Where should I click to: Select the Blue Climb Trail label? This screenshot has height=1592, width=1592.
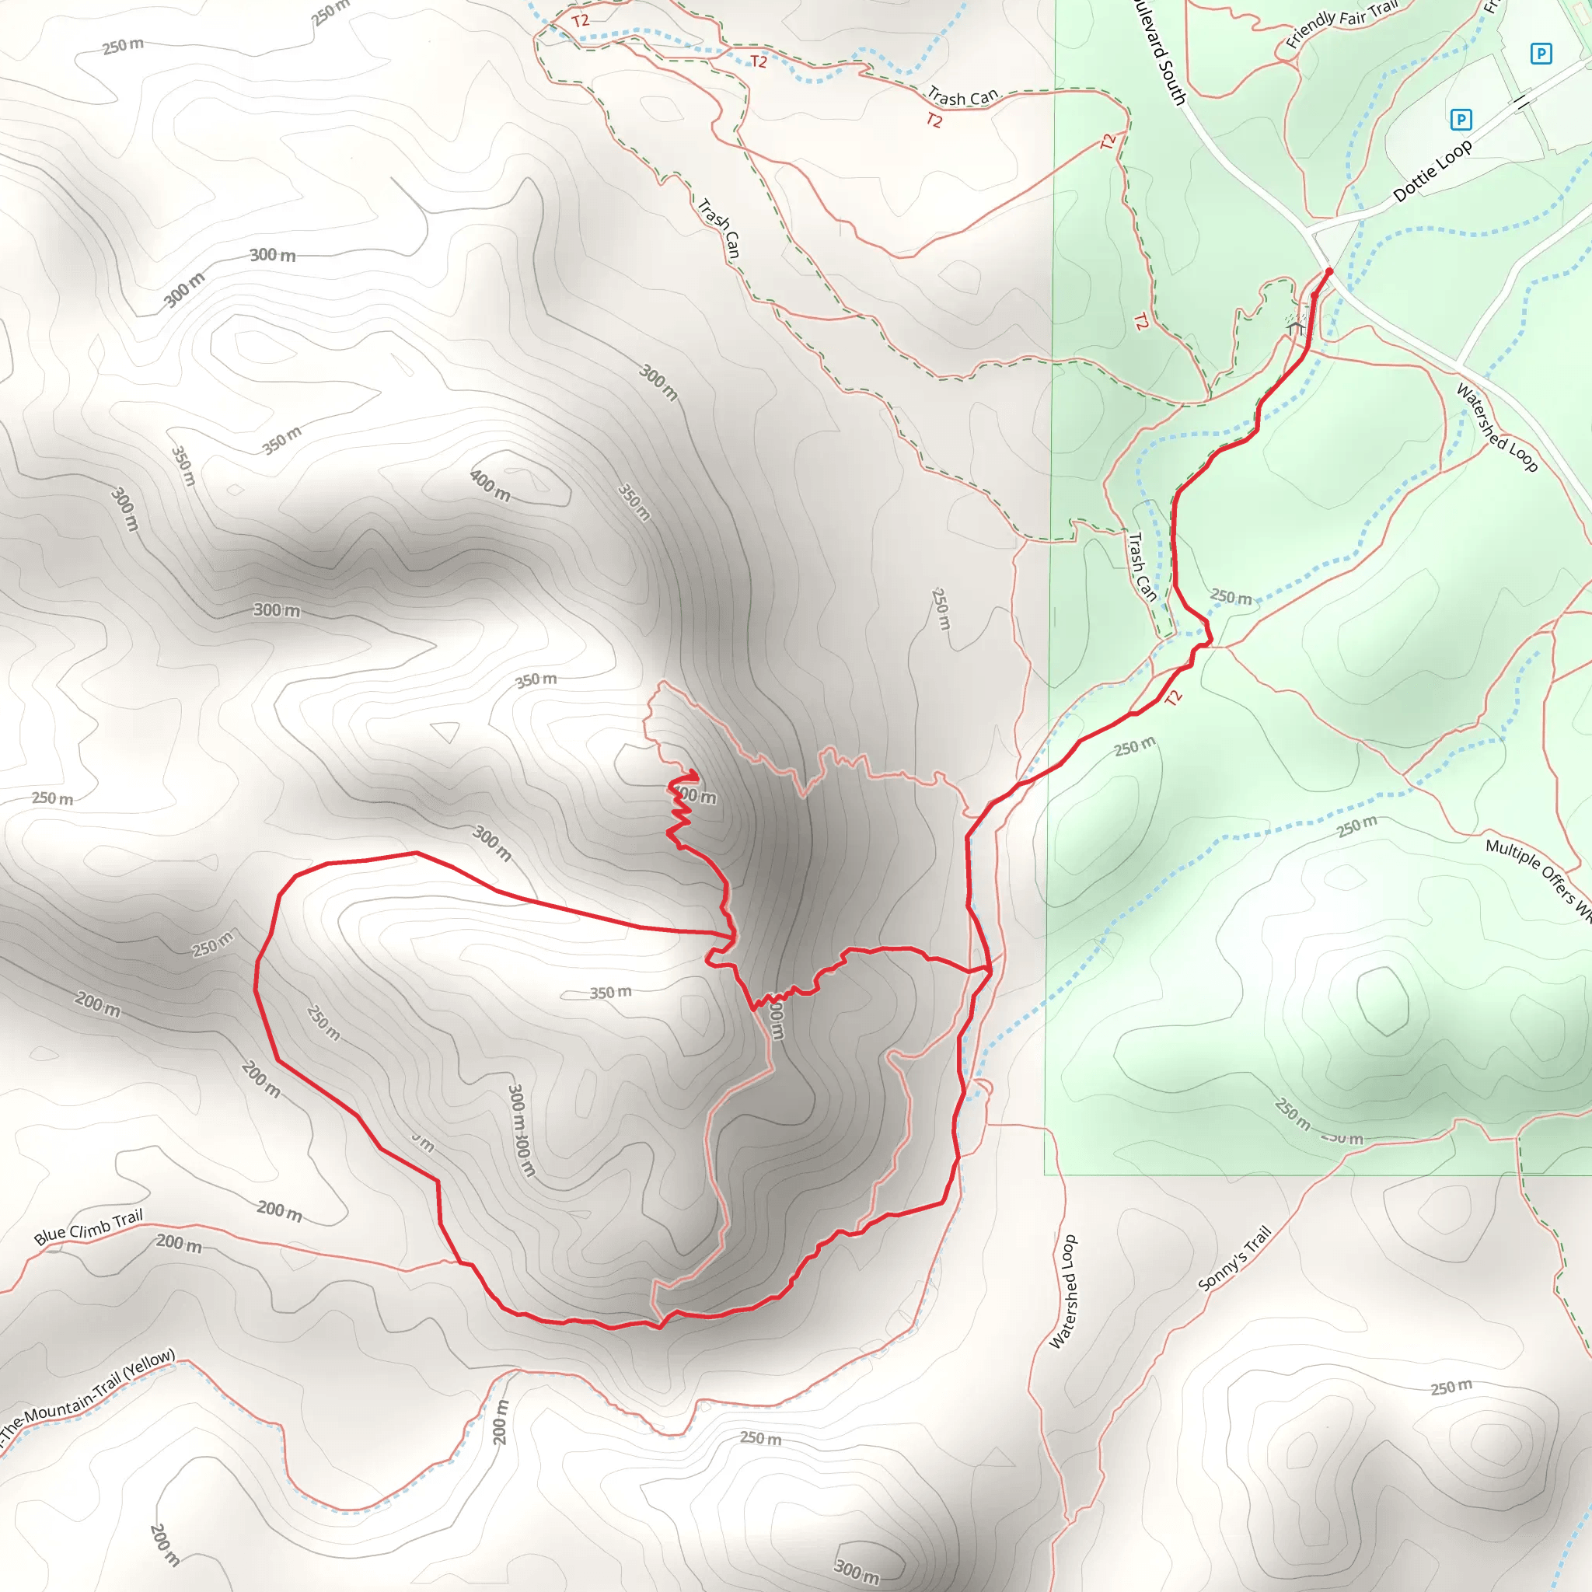click(x=88, y=1227)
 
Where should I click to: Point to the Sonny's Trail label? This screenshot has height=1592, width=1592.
click(x=1234, y=1259)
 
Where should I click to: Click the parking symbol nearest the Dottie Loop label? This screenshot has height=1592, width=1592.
click(x=1461, y=120)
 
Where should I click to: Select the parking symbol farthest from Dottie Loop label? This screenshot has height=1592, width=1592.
click(x=1541, y=54)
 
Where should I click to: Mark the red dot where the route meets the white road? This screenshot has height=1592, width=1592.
click(x=1329, y=271)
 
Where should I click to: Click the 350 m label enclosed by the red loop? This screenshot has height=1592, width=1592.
click(x=610, y=992)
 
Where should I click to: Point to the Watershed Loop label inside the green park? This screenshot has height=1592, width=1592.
click(x=1496, y=428)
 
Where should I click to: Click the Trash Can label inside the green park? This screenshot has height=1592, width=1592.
click(x=1141, y=567)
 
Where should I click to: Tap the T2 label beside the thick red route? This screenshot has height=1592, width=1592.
click(x=1173, y=698)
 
